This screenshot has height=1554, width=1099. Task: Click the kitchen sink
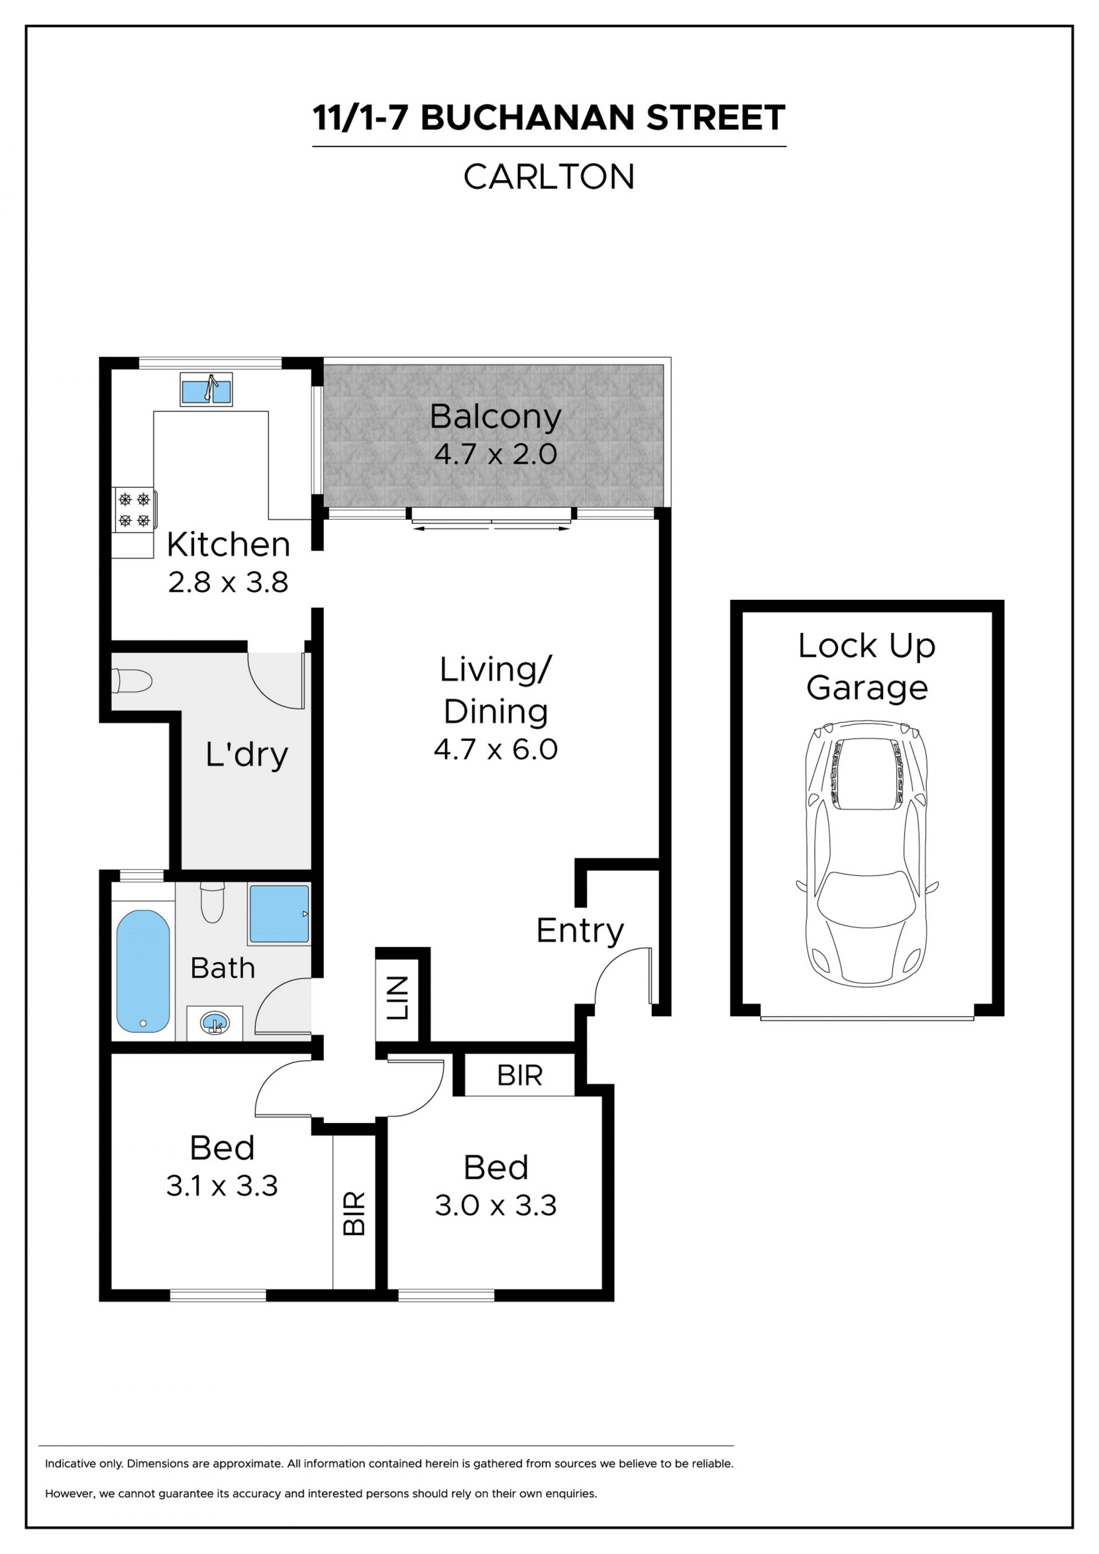tap(207, 389)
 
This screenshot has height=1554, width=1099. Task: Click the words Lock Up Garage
tap(867, 667)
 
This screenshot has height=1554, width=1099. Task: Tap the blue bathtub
tap(144, 971)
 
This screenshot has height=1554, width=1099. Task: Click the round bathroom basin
tap(215, 1023)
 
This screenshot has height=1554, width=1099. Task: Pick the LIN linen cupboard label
tap(397, 998)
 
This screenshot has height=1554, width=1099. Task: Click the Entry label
tap(580, 932)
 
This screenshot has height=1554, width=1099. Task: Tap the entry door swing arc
tap(621, 975)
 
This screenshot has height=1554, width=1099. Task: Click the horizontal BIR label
tap(520, 1075)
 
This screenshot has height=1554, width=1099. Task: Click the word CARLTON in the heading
tap(549, 177)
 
